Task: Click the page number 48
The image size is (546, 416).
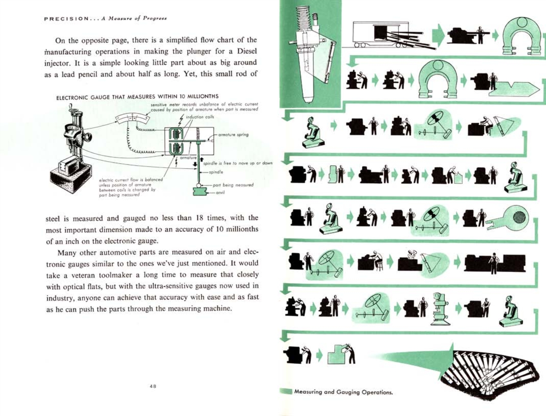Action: click(x=153, y=386)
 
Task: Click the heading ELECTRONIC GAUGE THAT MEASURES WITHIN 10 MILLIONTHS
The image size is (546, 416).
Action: click(x=137, y=97)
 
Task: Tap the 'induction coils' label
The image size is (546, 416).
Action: click(x=200, y=117)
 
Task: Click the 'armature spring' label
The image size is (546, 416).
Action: click(x=233, y=135)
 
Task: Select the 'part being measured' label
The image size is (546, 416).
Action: click(x=233, y=185)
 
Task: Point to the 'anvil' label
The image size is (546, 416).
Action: click(x=220, y=193)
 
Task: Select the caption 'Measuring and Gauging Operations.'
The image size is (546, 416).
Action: click(x=343, y=392)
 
